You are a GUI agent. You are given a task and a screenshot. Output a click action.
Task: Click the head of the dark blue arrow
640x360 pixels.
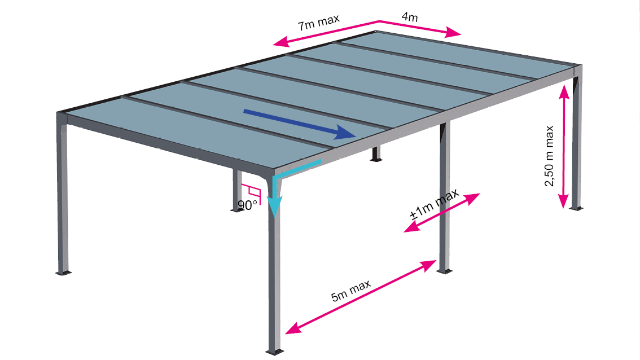(345, 133)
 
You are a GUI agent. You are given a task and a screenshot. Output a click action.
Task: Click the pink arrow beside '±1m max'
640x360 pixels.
(442, 213)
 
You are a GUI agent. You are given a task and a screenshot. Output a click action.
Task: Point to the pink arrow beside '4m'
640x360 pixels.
(420, 28)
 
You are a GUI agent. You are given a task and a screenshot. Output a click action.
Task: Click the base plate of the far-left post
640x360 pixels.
(63, 273)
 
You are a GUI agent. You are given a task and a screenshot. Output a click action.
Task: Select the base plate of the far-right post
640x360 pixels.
(576, 209)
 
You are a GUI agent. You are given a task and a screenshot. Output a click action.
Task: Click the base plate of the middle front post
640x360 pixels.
(445, 271)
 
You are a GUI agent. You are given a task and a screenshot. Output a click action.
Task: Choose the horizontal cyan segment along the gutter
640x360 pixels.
(299, 168)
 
